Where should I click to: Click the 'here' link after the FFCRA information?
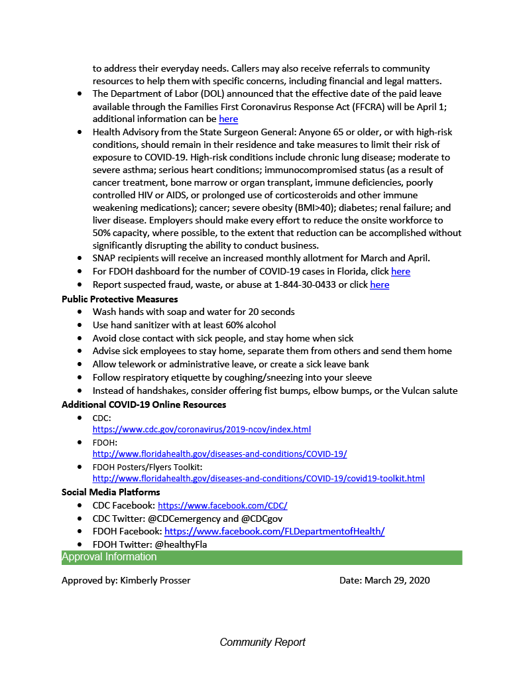pyautogui.click(x=228, y=119)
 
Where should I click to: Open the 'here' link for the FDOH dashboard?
pyautogui.click(x=400, y=271)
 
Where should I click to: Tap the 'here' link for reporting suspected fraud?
pyautogui.click(x=379, y=284)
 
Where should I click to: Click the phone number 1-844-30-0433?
pyautogui.click(x=306, y=284)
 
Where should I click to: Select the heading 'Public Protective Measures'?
pyautogui.click(x=119, y=298)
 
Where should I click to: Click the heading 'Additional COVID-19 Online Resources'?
pyautogui.click(x=144, y=404)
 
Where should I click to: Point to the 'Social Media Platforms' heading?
pyautogui.click(x=111, y=492)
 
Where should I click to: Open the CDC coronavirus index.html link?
pyautogui.click(x=202, y=430)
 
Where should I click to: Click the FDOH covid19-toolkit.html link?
pyautogui.click(x=259, y=479)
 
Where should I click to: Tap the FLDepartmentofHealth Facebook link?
pyautogui.click(x=274, y=531)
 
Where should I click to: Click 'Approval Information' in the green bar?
pyautogui.click(x=109, y=557)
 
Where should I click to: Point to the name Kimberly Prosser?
pyautogui.click(x=155, y=580)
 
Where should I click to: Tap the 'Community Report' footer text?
pyautogui.click(x=262, y=642)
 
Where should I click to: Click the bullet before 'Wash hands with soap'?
pyautogui.click(x=80, y=312)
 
